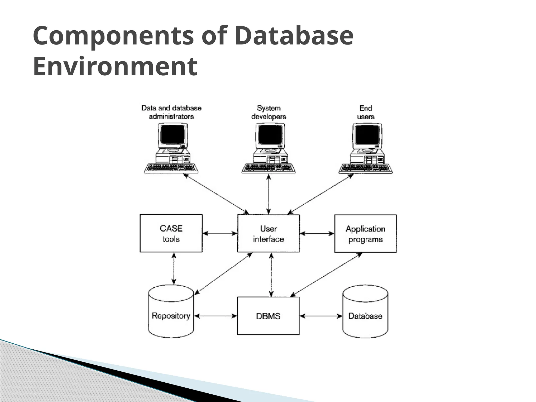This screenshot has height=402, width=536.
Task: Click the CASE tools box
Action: (171, 233)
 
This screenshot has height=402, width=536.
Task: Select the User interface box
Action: (268, 233)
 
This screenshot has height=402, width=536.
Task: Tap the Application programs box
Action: (365, 233)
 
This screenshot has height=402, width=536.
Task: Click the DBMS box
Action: (268, 316)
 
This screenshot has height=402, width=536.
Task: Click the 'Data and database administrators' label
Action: (171, 112)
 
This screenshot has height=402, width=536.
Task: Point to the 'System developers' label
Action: (269, 112)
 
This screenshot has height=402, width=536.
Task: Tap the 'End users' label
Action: (366, 112)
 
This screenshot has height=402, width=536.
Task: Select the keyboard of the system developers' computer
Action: (269, 168)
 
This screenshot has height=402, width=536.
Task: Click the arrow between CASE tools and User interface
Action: (220, 233)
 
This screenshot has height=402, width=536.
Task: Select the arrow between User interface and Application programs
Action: (317, 233)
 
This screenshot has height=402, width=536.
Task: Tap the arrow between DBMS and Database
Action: (321, 316)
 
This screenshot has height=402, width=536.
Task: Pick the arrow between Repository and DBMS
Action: (216, 316)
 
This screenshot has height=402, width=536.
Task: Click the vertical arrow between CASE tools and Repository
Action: (174, 268)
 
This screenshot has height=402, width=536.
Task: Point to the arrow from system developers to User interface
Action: (269, 194)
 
